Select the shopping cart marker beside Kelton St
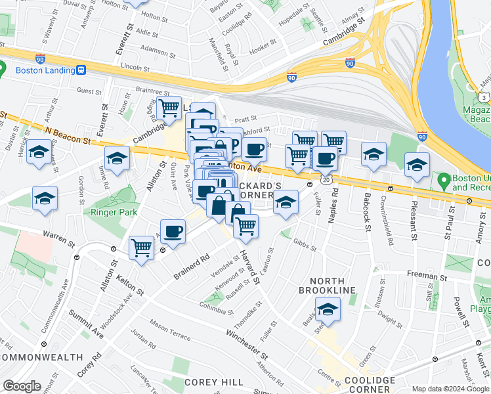click(141, 248)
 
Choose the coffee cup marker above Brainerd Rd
click(173, 231)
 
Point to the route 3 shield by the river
click(484, 97)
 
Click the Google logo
click(22, 386)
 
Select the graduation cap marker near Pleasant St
click(416, 165)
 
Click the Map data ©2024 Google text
click(450, 389)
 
